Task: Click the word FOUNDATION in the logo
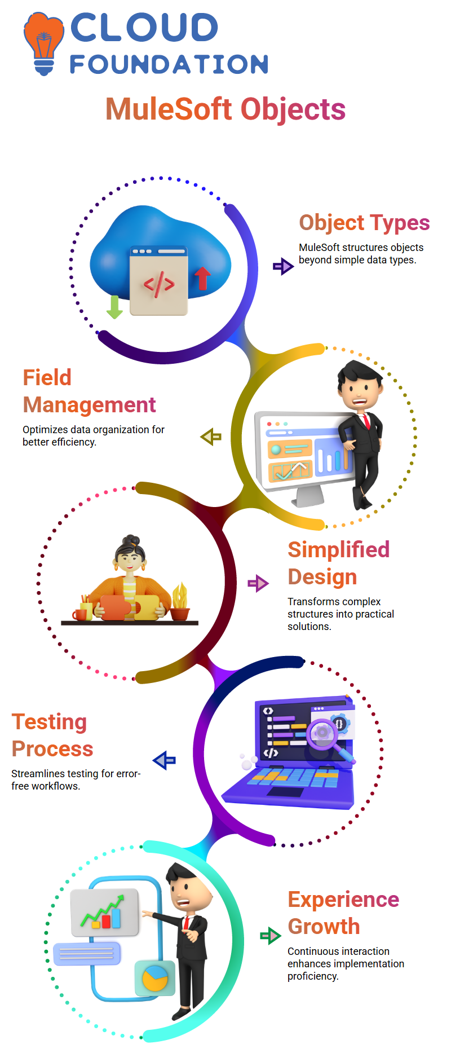point(169,64)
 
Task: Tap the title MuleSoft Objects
point(225,109)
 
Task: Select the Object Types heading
point(364,223)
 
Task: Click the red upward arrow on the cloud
point(202,278)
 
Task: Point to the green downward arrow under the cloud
point(114,307)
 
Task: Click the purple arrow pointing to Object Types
point(283,266)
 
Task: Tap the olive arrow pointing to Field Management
point(211,437)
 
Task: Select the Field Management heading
point(89,391)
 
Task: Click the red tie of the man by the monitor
point(367,421)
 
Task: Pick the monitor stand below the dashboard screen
point(309,496)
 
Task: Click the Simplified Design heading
point(338,563)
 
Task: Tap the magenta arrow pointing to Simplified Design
point(258,583)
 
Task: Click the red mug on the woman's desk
point(79,614)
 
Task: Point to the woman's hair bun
point(131,540)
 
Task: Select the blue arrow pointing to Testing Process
point(165,760)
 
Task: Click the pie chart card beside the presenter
point(155,978)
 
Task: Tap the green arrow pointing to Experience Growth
point(271,936)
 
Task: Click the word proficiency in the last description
point(313,976)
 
